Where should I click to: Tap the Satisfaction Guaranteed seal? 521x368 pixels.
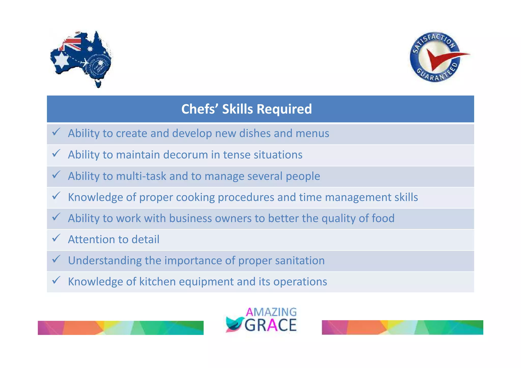click(x=436, y=57)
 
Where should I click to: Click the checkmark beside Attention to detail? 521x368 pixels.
click(x=56, y=238)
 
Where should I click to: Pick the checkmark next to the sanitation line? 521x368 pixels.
click(x=56, y=259)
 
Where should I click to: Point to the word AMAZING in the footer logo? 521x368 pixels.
click(x=271, y=312)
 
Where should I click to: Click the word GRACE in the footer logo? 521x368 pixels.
click(x=271, y=325)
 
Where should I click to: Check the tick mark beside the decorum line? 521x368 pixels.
click(x=56, y=153)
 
